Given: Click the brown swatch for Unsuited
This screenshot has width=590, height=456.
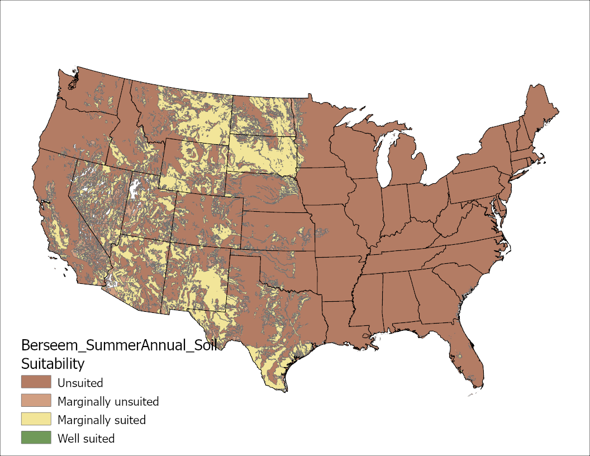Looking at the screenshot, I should coord(36,382).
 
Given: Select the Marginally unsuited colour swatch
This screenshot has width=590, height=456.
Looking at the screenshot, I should coord(36,401).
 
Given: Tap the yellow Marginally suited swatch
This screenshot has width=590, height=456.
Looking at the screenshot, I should coord(36,419).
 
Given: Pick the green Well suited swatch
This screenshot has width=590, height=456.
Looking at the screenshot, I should coord(36,438).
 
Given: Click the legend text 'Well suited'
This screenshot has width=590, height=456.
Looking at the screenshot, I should coord(86,438).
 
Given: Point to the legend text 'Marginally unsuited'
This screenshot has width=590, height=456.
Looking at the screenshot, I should coord(108,401).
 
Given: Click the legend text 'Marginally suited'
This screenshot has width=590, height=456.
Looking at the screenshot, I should coord(102,420).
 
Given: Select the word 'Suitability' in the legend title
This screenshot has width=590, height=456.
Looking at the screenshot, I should coord(53,364).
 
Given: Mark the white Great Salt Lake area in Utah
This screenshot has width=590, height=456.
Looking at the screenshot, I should coord(134,190).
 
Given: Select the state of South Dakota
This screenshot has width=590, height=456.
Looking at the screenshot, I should coord(263,154).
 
